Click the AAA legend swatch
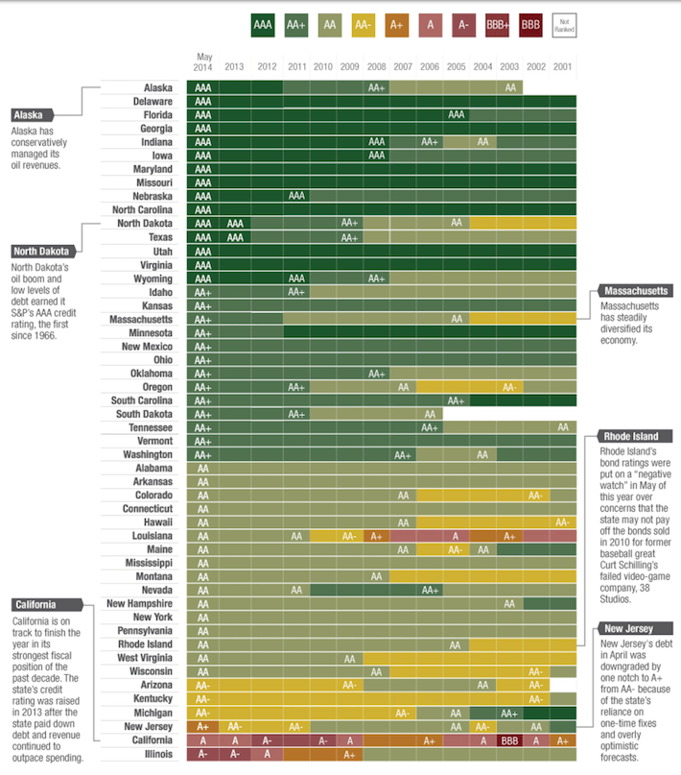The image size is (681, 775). click(x=263, y=25)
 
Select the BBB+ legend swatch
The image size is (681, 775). click(x=499, y=25)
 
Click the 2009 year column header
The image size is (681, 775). click(x=349, y=66)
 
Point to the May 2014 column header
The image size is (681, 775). click(x=203, y=61)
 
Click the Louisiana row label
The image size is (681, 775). click(x=153, y=535)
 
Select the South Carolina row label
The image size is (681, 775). click(x=141, y=400)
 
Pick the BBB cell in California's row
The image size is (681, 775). click(x=510, y=740)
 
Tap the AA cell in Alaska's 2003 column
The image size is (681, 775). click(x=510, y=87)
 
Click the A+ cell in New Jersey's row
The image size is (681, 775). click(x=203, y=727)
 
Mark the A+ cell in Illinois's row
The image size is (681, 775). click(x=349, y=754)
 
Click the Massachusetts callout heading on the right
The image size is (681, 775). click(x=634, y=290)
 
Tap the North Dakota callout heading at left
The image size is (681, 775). click(x=41, y=252)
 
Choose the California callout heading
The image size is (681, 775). click(x=35, y=604)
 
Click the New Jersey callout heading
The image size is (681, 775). click(x=629, y=628)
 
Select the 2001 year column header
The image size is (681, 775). click(x=563, y=66)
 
